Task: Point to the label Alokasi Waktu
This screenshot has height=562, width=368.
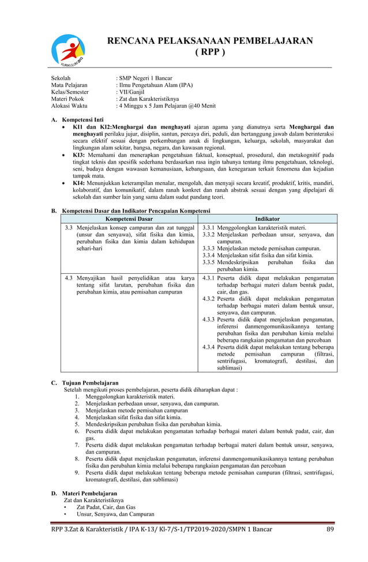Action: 69,106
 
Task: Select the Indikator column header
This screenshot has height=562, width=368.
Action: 268,219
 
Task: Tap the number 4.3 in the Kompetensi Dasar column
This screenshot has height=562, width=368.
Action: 69,278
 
